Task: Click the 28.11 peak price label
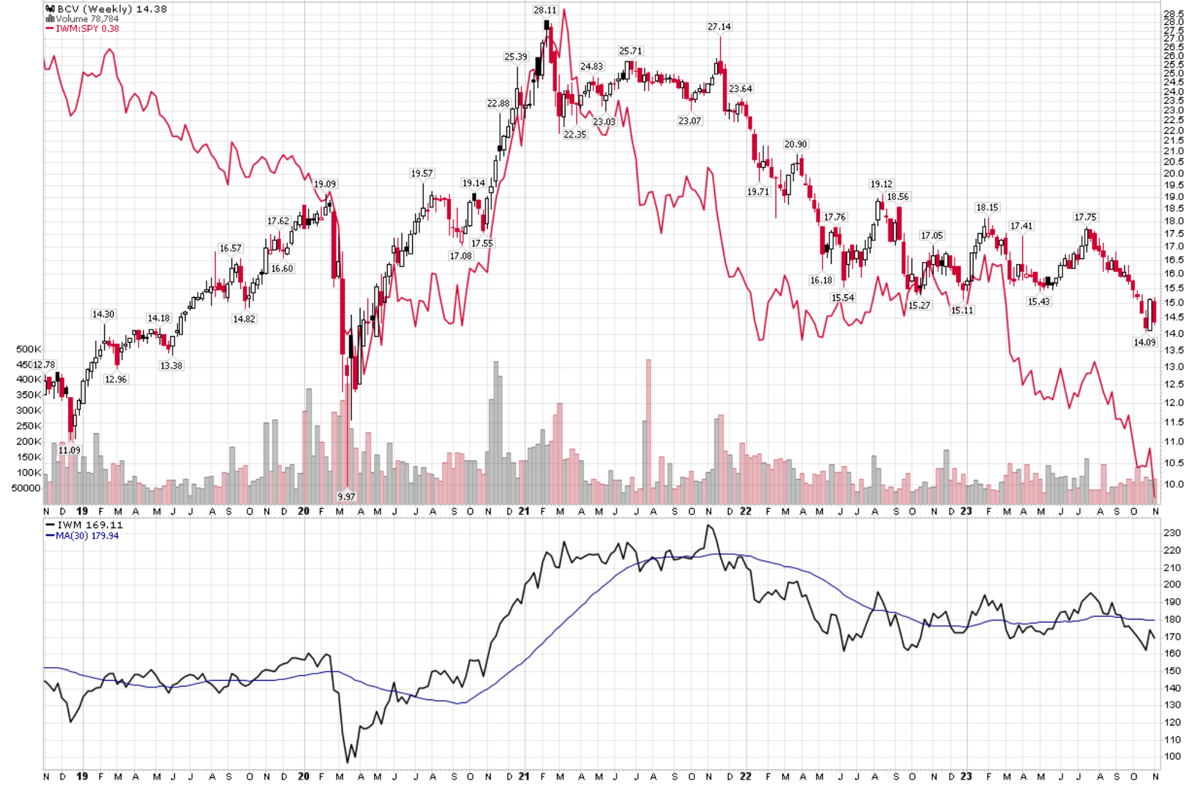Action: pyautogui.click(x=544, y=10)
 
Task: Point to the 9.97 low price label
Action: pyautogui.click(x=346, y=496)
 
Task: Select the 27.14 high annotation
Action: pyautogui.click(x=719, y=26)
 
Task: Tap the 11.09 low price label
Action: pyautogui.click(x=69, y=450)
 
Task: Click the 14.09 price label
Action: pyautogui.click(x=1144, y=342)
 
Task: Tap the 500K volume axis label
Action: pyautogui.click(x=28, y=349)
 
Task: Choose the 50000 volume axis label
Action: pyautogui.click(x=26, y=488)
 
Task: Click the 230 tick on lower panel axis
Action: pyautogui.click(x=1172, y=533)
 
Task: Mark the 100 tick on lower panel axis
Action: pyautogui.click(x=1172, y=757)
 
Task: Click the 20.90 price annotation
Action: pyautogui.click(x=795, y=144)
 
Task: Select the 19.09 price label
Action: pyautogui.click(x=324, y=184)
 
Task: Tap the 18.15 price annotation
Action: pyautogui.click(x=986, y=207)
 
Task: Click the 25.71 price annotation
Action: pyautogui.click(x=630, y=51)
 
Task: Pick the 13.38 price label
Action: pyautogui.click(x=171, y=366)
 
